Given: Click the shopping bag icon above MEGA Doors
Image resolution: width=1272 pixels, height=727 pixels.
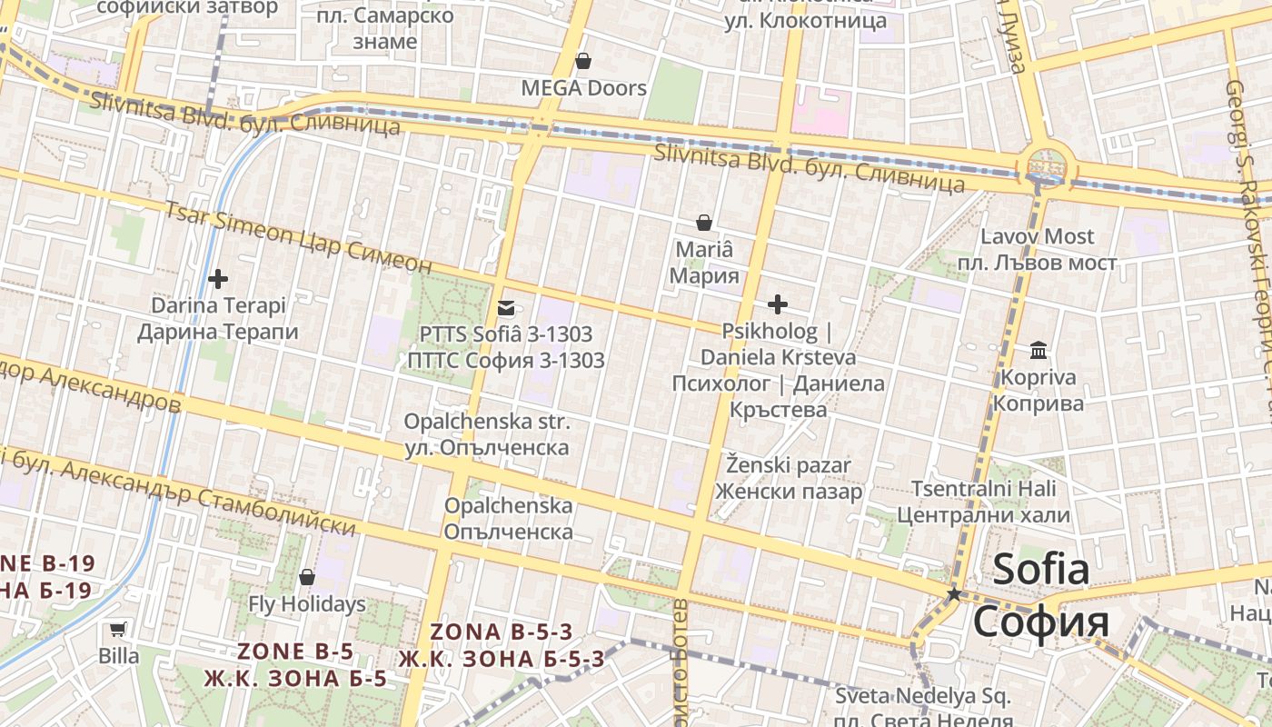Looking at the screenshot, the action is (583, 61).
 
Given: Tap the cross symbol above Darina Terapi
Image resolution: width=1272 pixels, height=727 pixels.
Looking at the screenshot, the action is (218, 279).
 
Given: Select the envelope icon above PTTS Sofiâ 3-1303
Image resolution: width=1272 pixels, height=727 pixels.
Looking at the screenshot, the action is (506, 308).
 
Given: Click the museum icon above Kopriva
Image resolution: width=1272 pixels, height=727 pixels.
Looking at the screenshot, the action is (1038, 351).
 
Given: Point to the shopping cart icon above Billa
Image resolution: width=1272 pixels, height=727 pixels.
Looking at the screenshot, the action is (118, 629).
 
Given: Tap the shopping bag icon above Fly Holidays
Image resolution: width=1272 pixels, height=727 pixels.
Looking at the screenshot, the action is (307, 577).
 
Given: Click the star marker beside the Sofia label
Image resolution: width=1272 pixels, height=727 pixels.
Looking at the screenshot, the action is (954, 593).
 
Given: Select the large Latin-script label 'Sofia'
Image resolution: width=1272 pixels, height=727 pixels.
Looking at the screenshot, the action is (1040, 570).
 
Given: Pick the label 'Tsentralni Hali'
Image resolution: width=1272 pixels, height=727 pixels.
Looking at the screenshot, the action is (983, 489).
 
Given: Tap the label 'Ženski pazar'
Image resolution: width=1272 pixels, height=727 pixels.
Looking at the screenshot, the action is (789, 466).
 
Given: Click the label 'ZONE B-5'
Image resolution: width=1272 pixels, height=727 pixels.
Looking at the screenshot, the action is (295, 652).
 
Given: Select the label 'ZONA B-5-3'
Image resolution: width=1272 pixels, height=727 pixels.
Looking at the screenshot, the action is (502, 632).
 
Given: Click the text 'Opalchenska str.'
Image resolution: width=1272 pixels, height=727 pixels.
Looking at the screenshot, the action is (487, 423).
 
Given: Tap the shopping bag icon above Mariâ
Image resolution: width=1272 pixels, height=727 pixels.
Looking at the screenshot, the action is (703, 223).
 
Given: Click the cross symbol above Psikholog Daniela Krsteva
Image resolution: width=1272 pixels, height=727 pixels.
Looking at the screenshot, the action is (778, 304).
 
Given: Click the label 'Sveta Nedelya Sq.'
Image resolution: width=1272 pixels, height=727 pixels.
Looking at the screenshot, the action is (923, 698).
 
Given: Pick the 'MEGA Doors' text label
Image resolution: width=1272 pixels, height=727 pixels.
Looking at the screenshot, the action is (583, 88).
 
